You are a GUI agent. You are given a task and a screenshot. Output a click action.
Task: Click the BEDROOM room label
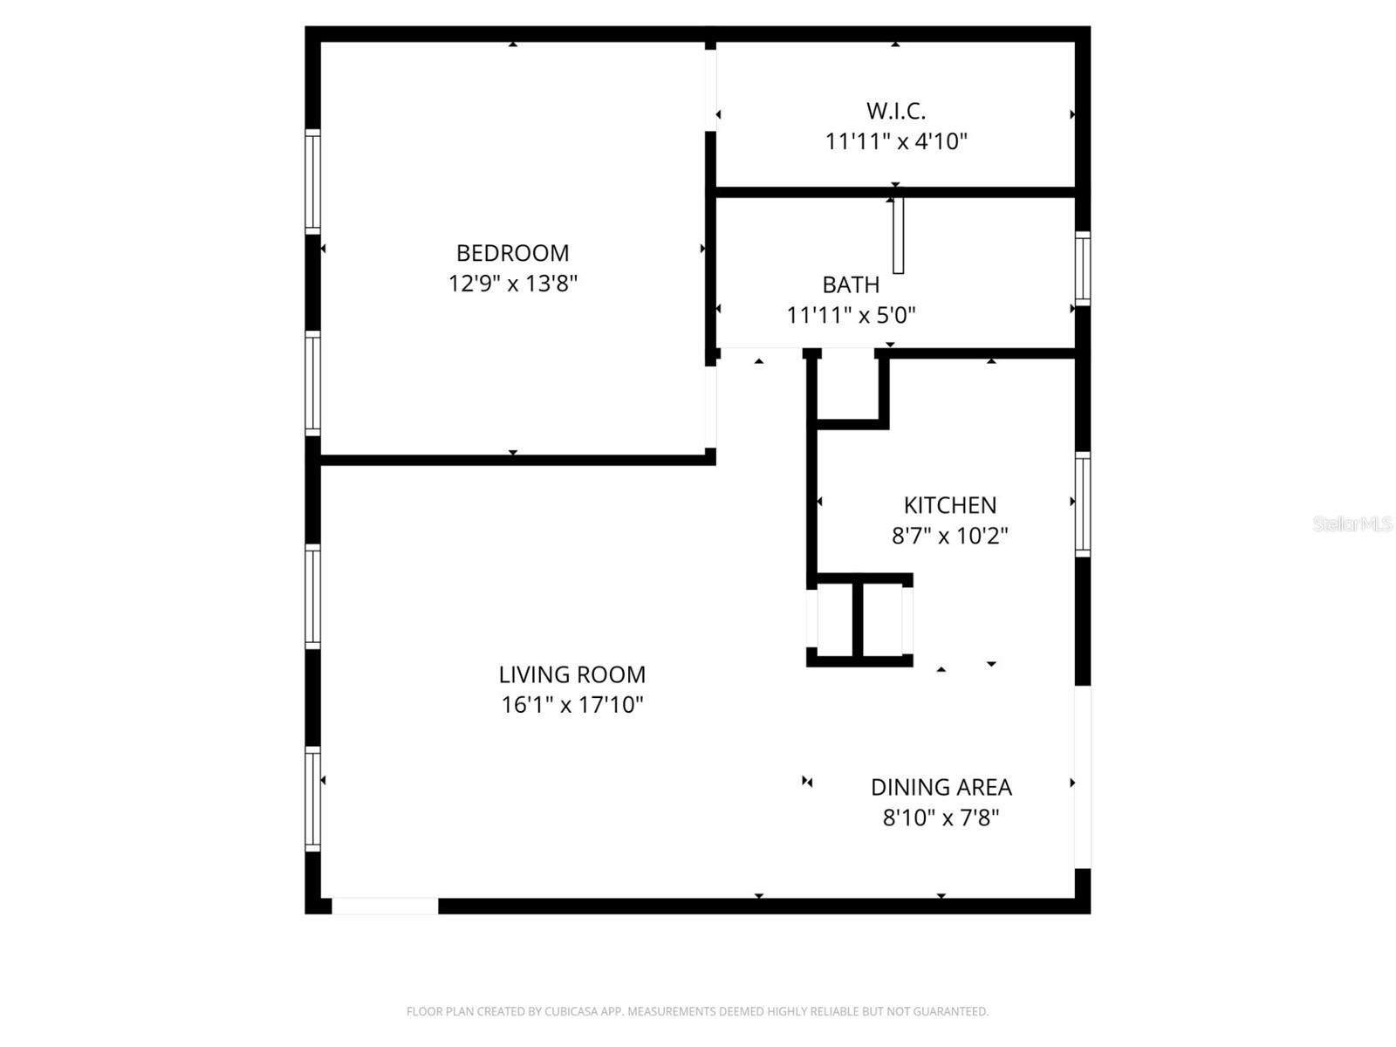click(512, 253)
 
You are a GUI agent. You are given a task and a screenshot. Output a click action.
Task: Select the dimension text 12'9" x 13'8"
click(512, 284)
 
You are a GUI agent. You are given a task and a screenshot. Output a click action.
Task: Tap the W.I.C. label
click(896, 111)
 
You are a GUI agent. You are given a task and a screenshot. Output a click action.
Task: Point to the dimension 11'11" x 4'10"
click(896, 141)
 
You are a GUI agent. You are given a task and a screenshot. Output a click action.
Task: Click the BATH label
click(851, 284)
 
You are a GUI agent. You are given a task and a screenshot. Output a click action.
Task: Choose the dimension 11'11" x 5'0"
click(851, 315)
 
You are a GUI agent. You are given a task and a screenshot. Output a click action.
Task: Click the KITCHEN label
click(949, 505)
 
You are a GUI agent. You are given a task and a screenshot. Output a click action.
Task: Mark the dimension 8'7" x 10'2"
click(949, 536)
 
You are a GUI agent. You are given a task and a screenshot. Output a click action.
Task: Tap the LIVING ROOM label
click(571, 674)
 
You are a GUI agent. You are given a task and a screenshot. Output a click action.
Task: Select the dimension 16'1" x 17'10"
click(571, 705)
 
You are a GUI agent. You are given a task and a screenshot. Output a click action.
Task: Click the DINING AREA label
click(941, 787)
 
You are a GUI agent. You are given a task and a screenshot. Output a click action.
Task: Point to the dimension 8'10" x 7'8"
click(941, 818)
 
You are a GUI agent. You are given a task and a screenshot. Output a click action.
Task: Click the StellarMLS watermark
click(1352, 523)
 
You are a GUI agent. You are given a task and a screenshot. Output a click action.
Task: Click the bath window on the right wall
click(1082, 269)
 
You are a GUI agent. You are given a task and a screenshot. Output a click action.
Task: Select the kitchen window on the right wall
click(1082, 504)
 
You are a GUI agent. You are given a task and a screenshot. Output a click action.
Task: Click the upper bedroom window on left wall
click(312, 181)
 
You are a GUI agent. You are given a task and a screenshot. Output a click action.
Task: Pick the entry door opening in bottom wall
click(385, 907)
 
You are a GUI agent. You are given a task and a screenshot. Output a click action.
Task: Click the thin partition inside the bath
click(898, 236)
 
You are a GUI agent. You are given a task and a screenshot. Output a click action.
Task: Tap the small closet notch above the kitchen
click(846, 386)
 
